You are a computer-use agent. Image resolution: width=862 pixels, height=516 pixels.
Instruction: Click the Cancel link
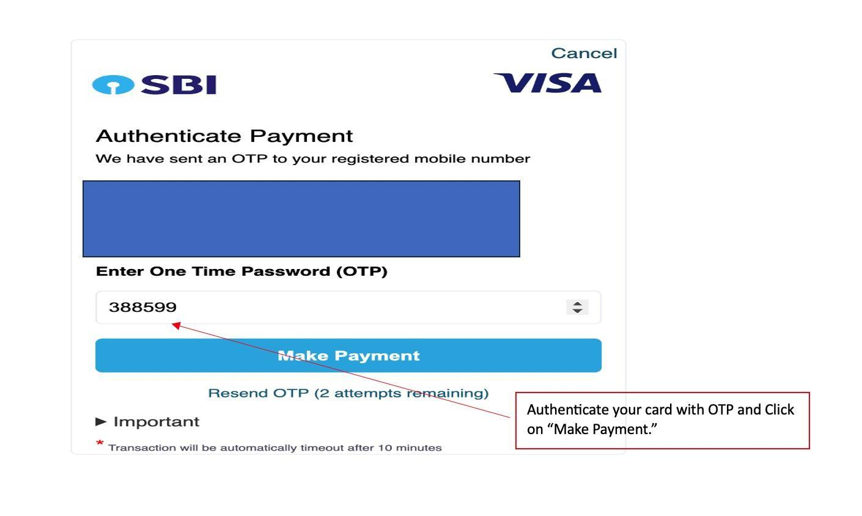[584, 53]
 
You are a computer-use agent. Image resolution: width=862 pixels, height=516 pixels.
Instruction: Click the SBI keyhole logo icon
[113, 84]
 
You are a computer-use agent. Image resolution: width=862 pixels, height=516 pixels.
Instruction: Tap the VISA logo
[548, 83]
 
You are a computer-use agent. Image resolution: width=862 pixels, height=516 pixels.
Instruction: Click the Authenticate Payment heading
[224, 136]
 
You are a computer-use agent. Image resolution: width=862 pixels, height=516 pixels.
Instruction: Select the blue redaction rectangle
[301, 218]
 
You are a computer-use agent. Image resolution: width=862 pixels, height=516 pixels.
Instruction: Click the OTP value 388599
[142, 307]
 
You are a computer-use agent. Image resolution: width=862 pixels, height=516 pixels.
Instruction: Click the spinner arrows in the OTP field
[577, 307]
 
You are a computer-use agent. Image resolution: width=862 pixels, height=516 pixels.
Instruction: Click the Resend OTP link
[348, 393]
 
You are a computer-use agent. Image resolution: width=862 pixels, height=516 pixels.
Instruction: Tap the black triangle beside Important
[101, 422]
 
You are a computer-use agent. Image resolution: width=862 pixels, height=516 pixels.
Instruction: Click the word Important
[157, 422]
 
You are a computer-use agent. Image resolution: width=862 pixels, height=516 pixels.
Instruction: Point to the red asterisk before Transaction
[100, 443]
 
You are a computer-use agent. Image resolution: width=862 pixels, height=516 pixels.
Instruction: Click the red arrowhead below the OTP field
[176, 325]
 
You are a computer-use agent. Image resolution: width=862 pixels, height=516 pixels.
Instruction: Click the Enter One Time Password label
[241, 271]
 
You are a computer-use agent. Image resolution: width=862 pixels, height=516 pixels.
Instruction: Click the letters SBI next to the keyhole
[179, 84]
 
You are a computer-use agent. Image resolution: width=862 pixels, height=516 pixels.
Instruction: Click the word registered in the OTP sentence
[370, 159]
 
